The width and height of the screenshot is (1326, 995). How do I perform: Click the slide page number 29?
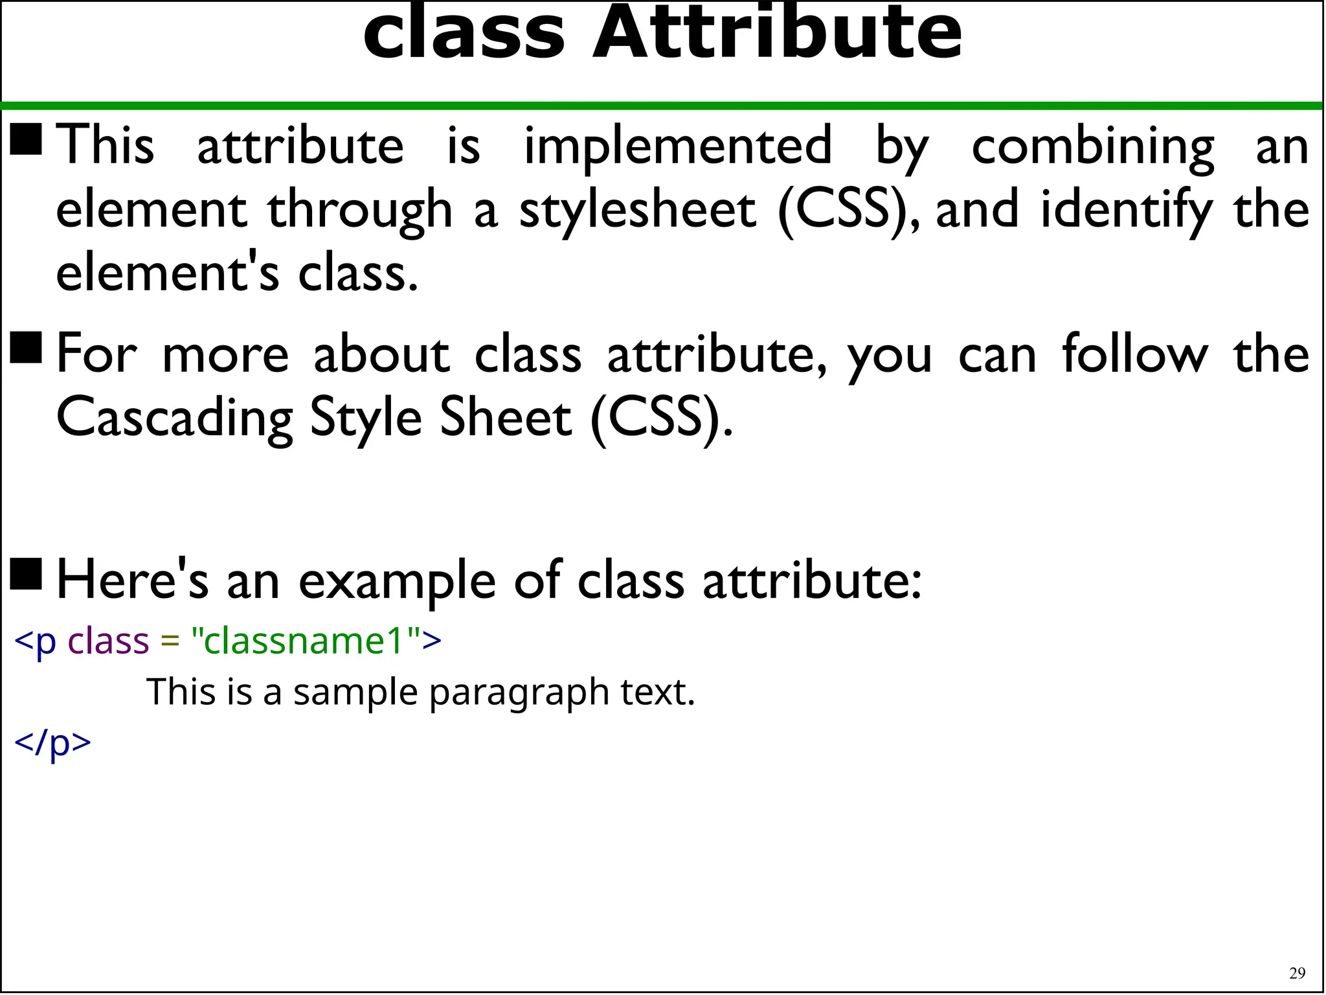1297,973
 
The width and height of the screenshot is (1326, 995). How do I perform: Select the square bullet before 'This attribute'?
27,140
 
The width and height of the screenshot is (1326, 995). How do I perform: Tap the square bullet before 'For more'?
27,348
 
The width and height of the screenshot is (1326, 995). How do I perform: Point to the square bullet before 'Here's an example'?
27,575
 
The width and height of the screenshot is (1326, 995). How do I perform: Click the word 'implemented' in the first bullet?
677,146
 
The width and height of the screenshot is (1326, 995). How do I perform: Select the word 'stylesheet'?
638,211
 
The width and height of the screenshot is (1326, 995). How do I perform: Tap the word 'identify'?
1127,211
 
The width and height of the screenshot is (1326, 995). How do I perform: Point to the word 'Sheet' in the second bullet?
506,418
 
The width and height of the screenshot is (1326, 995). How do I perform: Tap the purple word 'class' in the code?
109,641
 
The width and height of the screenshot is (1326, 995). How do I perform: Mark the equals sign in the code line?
170,642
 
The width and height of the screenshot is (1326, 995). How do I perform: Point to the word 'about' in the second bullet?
381,354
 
